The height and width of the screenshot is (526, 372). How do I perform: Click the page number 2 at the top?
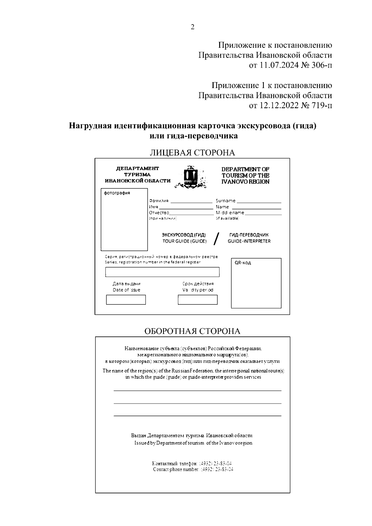(x=192, y=27)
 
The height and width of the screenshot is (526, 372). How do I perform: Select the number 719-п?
(x=321, y=105)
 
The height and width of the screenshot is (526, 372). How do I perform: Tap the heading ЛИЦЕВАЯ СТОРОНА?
(x=192, y=152)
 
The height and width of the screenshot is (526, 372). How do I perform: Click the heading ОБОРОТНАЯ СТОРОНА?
(x=192, y=331)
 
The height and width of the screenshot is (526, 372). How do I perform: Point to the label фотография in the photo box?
(x=117, y=193)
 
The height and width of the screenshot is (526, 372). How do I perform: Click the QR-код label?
(x=243, y=263)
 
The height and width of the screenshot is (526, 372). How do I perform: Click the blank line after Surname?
(x=259, y=202)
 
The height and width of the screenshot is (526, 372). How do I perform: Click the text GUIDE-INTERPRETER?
(x=249, y=241)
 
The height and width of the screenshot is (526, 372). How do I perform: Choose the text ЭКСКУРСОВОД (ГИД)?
(x=184, y=235)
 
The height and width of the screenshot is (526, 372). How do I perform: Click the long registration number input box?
(x=162, y=272)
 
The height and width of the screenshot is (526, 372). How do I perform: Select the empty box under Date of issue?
(x=126, y=300)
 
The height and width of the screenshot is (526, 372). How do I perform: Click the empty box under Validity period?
(x=197, y=300)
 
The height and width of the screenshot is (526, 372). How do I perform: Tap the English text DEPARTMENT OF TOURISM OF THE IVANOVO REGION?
(x=245, y=175)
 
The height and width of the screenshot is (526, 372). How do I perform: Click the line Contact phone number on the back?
(x=193, y=469)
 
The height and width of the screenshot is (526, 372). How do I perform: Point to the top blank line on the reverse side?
(x=197, y=391)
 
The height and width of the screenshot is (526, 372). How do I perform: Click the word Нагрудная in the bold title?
(x=90, y=126)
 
